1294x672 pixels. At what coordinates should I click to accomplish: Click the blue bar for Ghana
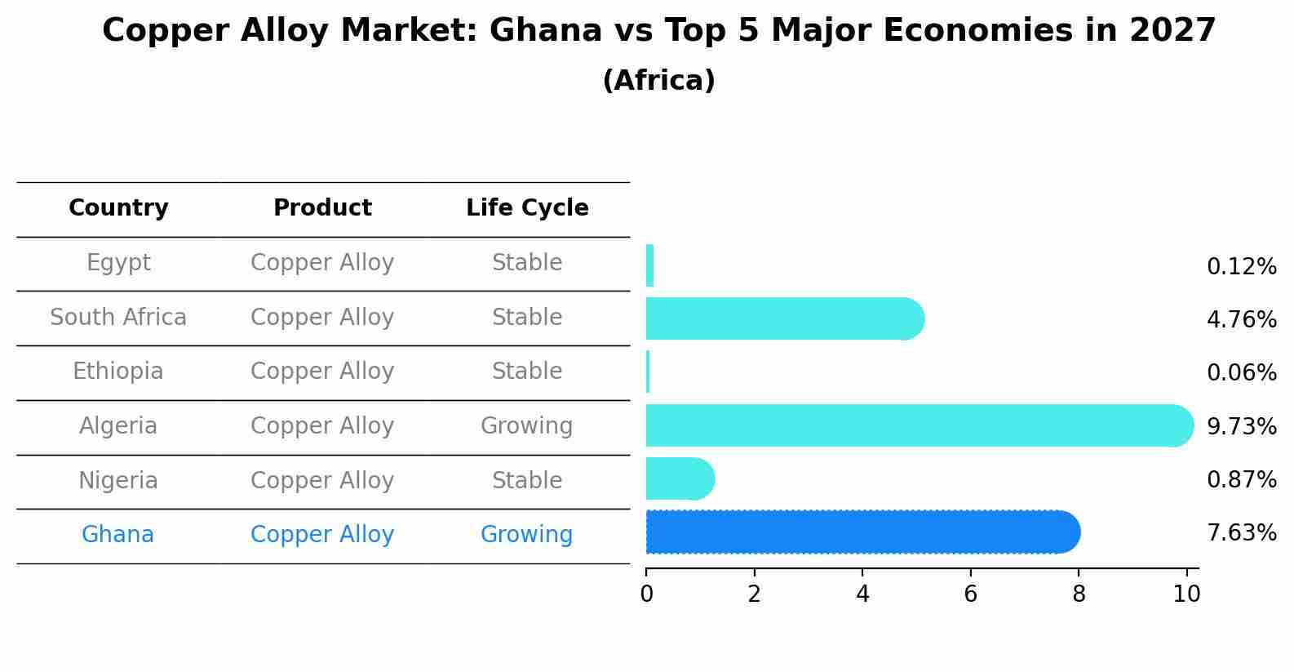tap(862, 532)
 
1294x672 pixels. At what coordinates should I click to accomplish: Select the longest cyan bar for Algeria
tap(918, 425)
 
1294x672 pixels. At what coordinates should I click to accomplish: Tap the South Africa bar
tap(783, 318)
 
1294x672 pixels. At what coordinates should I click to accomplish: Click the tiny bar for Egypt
tap(649, 265)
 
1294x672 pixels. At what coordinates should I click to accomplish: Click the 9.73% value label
tap(1241, 426)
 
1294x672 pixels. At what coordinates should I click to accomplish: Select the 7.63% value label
tap(1241, 533)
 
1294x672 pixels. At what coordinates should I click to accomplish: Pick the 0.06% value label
tap(1241, 373)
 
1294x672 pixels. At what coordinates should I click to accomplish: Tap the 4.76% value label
tap(1241, 319)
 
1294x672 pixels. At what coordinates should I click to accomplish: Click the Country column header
tap(118, 208)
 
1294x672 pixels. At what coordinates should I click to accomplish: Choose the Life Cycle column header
tap(527, 208)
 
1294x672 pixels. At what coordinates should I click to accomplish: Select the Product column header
tap(322, 208)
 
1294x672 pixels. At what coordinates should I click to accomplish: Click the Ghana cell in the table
tap(117, 535)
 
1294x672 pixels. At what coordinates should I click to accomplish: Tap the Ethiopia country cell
tap(117, 372)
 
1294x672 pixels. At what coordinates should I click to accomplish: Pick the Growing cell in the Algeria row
tap(526, 426)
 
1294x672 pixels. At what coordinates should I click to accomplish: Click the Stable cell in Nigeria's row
tap(526, 481)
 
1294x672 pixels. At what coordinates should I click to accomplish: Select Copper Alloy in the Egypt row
tap(322, 263)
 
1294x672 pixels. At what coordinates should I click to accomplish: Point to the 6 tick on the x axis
tap(970, 594)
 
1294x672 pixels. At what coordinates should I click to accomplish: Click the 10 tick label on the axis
tap(1186, 594)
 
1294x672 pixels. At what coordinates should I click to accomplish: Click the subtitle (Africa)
tap(658, 81)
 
